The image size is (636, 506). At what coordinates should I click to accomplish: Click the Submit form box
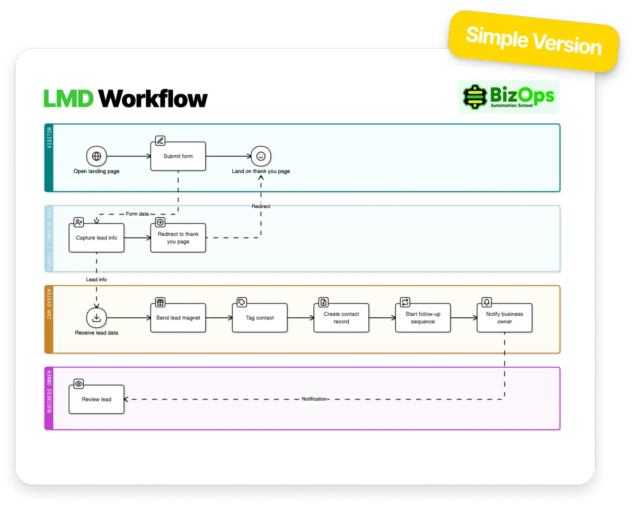178,156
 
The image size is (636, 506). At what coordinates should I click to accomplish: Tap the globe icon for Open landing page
96,156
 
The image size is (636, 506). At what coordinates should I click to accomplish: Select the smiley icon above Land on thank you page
261,156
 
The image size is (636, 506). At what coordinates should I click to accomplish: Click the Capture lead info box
96,238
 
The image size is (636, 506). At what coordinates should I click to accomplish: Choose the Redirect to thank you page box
178,238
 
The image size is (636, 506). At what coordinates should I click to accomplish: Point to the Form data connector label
137,214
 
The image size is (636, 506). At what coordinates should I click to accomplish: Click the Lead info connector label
96,279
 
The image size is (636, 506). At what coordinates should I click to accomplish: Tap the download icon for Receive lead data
96,318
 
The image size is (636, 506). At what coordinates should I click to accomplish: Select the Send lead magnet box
178,318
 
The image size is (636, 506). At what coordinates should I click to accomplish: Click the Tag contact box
260,318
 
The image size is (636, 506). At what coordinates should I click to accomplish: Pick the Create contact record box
341,318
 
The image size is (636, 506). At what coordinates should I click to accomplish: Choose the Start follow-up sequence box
423,318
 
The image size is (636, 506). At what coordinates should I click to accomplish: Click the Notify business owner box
505,318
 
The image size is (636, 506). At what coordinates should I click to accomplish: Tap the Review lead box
96,400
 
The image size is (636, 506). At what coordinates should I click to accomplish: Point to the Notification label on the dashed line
314,399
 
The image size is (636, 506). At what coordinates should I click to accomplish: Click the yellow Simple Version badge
534,41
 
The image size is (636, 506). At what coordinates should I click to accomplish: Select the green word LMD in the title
68,99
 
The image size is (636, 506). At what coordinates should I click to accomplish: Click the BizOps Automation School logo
509,97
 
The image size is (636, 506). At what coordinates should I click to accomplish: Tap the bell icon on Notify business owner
487,302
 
